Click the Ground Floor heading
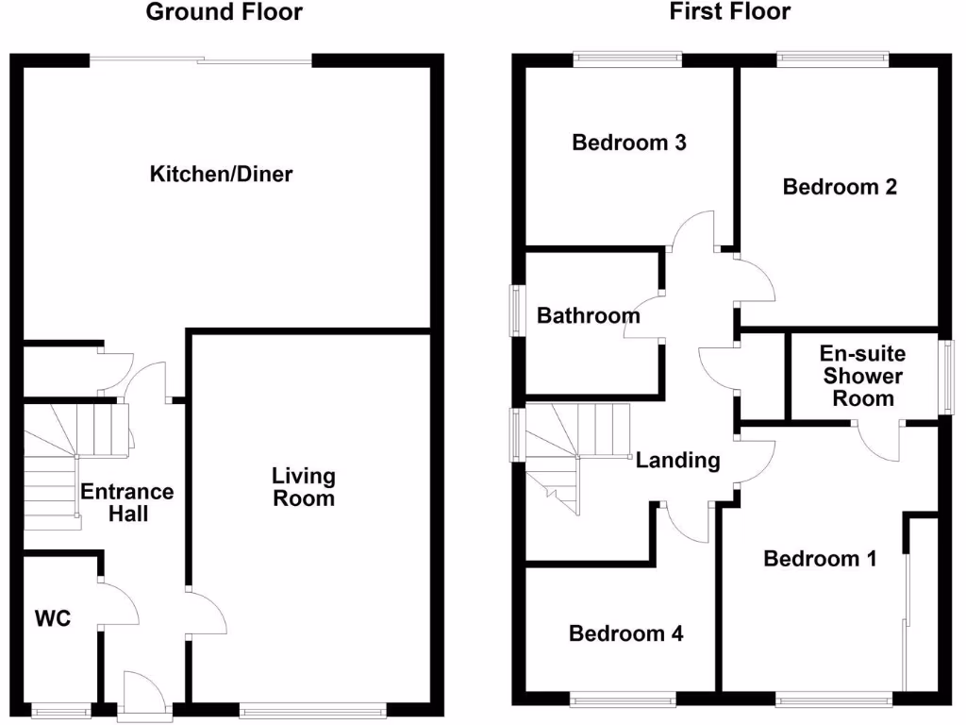[224, 12]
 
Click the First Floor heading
[730, 12]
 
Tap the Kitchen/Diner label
[222, 175]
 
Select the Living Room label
[304, 486]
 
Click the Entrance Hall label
[127, 503]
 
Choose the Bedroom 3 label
[629, 143]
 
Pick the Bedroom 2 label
[840, 187]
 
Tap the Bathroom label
[589, 315]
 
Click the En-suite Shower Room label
[862, 376]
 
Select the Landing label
[677, 461]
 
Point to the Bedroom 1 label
[820, 559]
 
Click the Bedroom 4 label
[625, 633]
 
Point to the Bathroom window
[516, 310]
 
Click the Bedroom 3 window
[628, 59]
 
